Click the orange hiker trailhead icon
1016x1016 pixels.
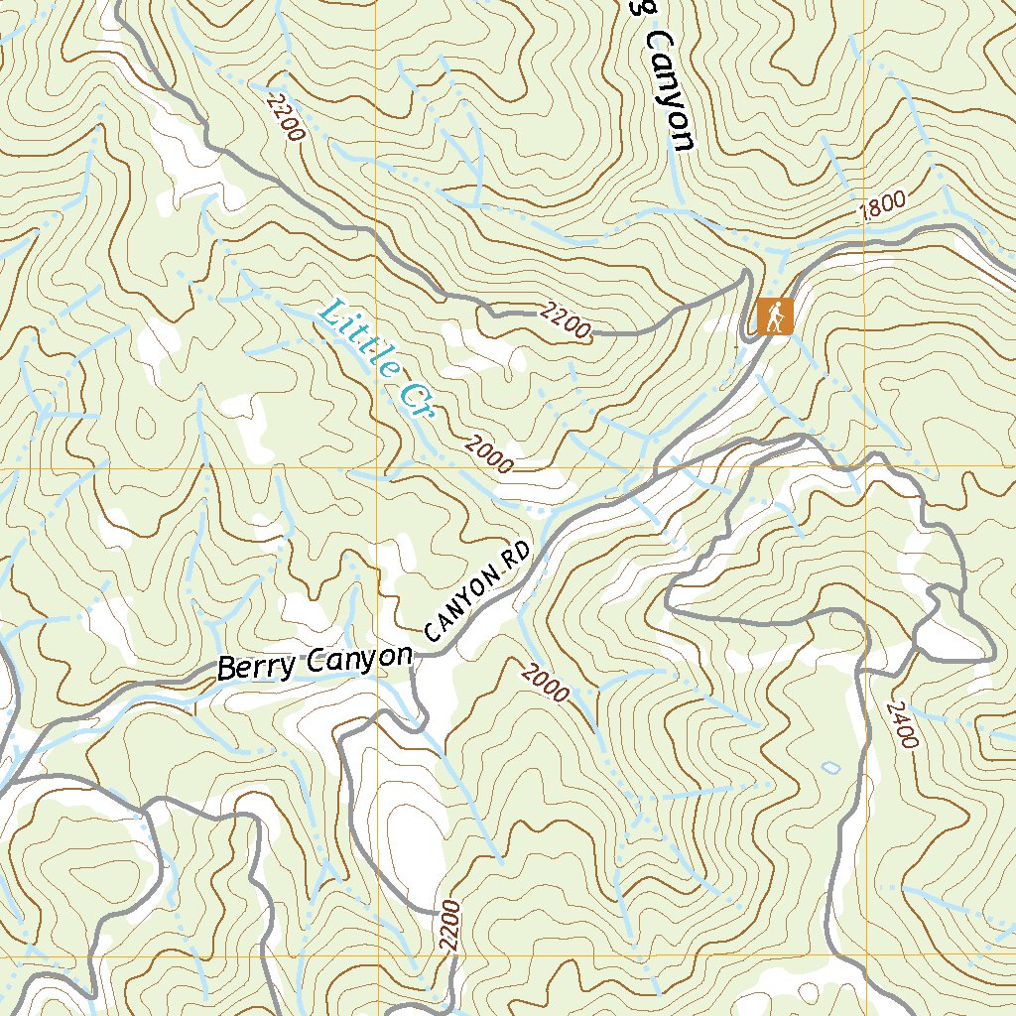[774, 317]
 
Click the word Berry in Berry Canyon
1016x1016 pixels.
[256, 667]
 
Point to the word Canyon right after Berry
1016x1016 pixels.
[357, 658]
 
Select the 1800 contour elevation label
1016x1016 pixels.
[882, 204]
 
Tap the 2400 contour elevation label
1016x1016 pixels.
[902, 724]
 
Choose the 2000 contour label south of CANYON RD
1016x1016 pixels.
[545, 682]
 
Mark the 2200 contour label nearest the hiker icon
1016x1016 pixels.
[567, 321]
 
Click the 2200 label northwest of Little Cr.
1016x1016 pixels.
[285, 116]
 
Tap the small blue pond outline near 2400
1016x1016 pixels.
[830, 767]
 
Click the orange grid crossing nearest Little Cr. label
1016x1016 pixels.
[377, 467]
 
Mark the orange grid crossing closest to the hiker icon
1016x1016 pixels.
[864, 467]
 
